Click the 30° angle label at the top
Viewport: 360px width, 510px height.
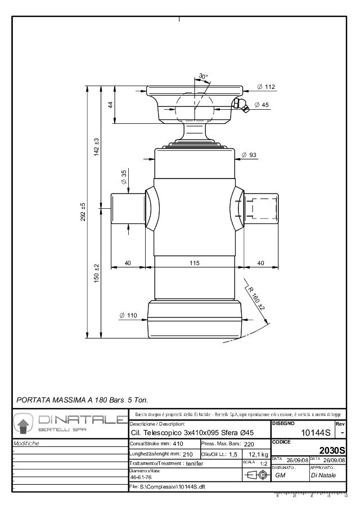pos(203,76)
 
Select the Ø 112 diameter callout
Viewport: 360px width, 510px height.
pos(265,87)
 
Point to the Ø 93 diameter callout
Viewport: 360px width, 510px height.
pos(249,155)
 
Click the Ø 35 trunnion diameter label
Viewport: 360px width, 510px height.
pos(124,178)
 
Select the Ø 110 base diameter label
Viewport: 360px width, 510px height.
pos(128,315)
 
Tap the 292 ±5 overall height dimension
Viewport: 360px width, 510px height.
pos(83,213)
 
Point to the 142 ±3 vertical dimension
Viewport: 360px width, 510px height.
pos(96,147)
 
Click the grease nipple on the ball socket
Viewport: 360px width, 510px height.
pos(240,105)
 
